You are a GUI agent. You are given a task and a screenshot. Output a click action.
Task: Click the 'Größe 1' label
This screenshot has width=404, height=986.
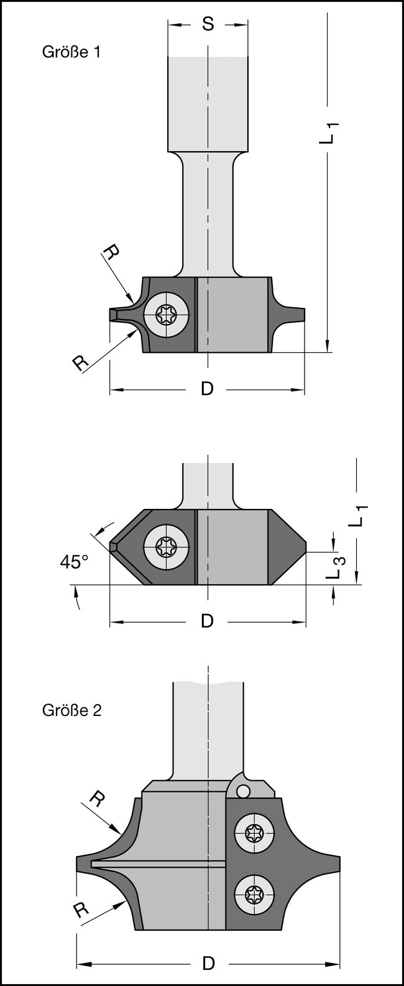tap(71, 52)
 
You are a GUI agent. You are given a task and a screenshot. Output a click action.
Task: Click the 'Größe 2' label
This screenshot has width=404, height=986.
tap(71, 710)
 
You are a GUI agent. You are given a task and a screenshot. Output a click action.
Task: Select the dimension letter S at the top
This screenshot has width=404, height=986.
tap(208, 24)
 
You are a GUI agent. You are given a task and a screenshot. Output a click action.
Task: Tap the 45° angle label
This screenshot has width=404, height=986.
tap(74, 562)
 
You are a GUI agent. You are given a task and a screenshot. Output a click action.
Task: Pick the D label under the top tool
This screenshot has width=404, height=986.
tap(207, 389)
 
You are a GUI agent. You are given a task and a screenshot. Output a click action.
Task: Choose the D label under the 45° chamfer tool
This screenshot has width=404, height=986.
tap(207, 621)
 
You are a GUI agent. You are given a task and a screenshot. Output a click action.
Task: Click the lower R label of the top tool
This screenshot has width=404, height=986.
tap(80, 362)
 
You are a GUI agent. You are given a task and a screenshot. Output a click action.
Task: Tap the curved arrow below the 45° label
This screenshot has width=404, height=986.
tap(76, 600)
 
